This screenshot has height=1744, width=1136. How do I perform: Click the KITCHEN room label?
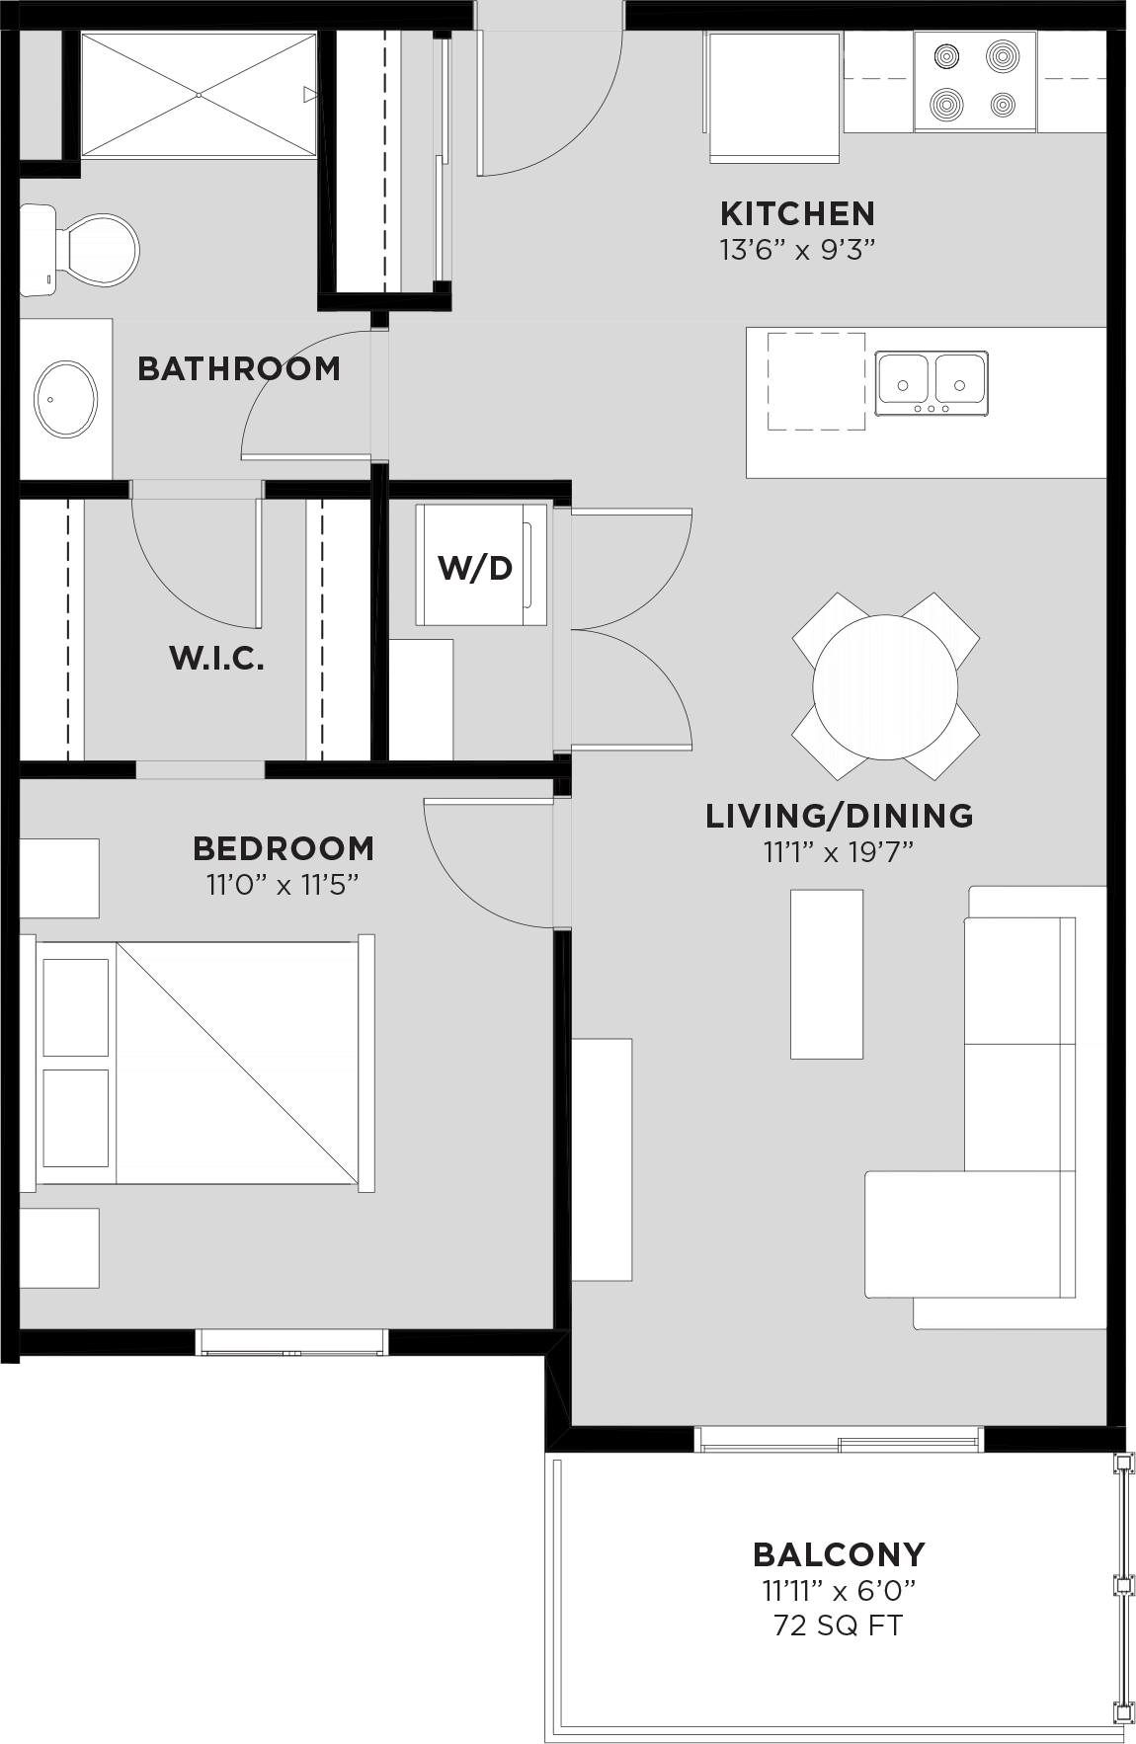pos(796,213)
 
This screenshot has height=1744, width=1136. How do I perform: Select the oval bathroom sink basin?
pos(66,399)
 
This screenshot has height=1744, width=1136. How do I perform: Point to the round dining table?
pos(884,686)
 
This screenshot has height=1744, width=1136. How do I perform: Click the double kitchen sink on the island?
pos(931,382)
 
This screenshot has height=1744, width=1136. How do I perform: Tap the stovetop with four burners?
pos(974,81)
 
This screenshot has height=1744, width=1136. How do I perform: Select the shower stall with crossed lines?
pos(199,95)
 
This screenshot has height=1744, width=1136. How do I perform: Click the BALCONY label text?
pos(838,1554)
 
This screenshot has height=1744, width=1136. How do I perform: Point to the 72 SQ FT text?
pos(838,1625)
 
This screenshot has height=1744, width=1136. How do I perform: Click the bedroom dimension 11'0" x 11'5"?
pos(282,884)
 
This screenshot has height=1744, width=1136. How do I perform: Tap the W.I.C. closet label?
pos(216,658)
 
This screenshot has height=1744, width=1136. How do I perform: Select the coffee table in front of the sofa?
pos(826,974)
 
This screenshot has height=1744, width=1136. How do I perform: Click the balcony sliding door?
pos(839,1440)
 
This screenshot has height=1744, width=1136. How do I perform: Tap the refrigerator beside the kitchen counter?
pos(773,97)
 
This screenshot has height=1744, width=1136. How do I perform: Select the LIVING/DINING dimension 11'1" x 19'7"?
pos(838,851)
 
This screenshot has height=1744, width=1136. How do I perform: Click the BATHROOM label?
pos(238,368)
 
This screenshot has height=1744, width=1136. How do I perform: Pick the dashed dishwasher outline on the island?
pos(816,381)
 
